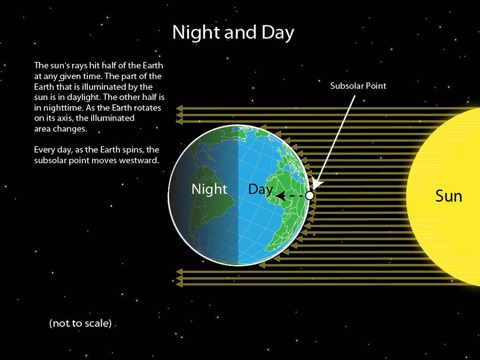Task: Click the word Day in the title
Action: click(x=278, y=32)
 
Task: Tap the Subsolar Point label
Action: click(x=358, y=86)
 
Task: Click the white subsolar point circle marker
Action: click(x=310, y=195)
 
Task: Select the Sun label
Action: click(x=448, y=196)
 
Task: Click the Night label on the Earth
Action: click(x=209, y=189)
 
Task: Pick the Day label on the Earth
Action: click(x=260, y=189)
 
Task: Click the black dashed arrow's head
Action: click(x=281, y=195)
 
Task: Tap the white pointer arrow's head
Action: click(x=317, y=185)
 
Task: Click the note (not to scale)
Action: click(x=80, y=323)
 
